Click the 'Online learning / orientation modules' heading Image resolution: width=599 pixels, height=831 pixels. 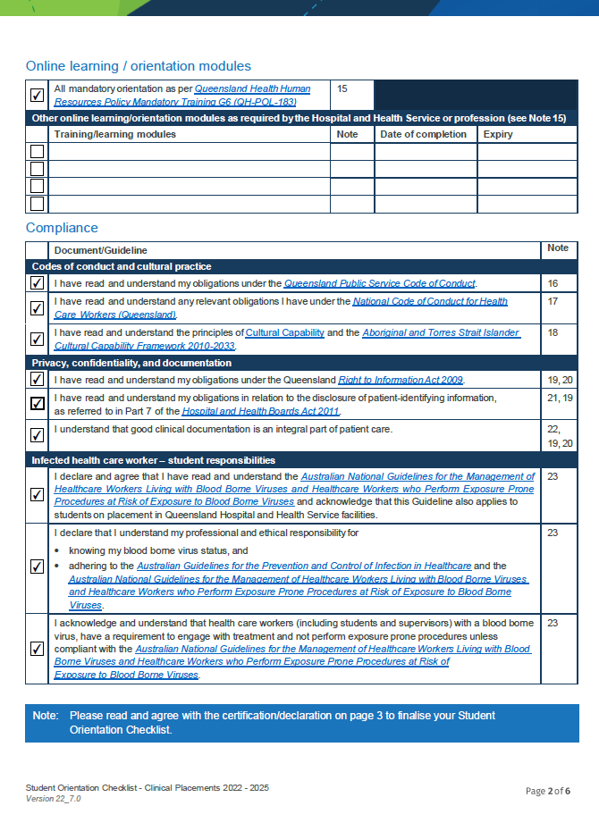click(138, 66)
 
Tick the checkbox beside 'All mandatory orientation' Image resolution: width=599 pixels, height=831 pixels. click(37, 95)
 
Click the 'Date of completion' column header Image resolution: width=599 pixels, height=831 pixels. click(423, 134)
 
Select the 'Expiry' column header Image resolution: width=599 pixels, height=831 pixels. click(498, 134)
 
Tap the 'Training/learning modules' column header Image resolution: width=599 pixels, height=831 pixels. click(114, 134)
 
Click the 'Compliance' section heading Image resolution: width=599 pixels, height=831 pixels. click(62, 228)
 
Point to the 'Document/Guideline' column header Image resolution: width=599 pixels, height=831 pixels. click(100, 250)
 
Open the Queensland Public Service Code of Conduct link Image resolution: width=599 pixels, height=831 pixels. click(379, 283)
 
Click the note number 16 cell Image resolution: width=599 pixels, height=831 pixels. click(553, 283)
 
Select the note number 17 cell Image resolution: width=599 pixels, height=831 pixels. click(553, 302)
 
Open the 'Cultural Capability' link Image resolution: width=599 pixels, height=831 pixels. click(284, 332)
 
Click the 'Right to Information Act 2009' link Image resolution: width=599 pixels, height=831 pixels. click(400, 380)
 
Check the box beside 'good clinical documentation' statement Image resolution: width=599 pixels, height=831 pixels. click(37, 436)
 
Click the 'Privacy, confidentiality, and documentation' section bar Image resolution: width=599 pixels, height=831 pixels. click(131, 363)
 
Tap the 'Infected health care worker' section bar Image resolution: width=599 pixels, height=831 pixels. click(154, 460)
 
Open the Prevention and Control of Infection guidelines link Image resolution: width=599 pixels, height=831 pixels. click(303, 566)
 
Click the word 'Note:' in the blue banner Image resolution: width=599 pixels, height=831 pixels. click(46, 716)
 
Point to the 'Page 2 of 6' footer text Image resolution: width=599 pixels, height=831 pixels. click(547, 791)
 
